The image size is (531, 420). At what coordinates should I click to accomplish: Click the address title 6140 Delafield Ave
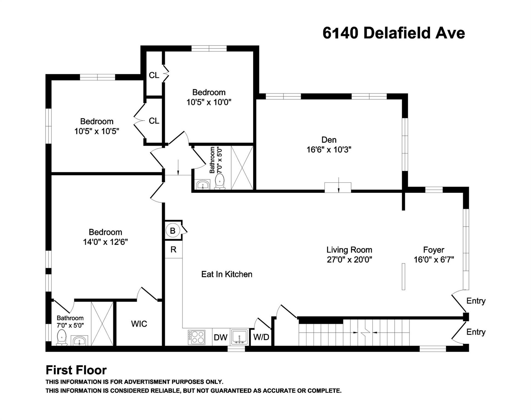[394, 33]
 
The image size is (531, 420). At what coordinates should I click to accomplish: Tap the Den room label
[329, 140]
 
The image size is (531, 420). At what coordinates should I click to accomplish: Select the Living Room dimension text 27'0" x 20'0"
[349, 260]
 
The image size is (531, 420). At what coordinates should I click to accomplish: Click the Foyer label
[434, 250]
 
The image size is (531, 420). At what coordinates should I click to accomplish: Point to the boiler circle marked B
[173, 231]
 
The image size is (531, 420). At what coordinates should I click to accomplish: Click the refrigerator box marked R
[173, 249]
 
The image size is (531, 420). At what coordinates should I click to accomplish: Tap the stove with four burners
[197, 337]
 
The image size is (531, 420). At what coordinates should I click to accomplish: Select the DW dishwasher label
[221, 337]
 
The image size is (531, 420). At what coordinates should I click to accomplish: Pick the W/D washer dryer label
[261, 337]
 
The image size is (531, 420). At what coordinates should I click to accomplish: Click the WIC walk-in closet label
[139, 324]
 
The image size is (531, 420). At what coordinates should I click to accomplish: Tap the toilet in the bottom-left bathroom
[62, 338]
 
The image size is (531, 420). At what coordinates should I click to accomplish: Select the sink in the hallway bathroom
[203, 185]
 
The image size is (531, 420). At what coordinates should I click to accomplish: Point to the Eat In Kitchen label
[227, 274]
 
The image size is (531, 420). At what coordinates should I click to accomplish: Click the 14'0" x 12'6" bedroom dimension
[105, 242]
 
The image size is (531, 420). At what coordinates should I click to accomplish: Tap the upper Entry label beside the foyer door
[476, 301]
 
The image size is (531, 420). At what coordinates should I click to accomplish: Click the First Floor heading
[76, 370]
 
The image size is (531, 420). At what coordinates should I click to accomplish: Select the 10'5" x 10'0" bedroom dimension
[209, 102]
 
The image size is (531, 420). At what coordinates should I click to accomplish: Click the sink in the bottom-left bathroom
[80, 341]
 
